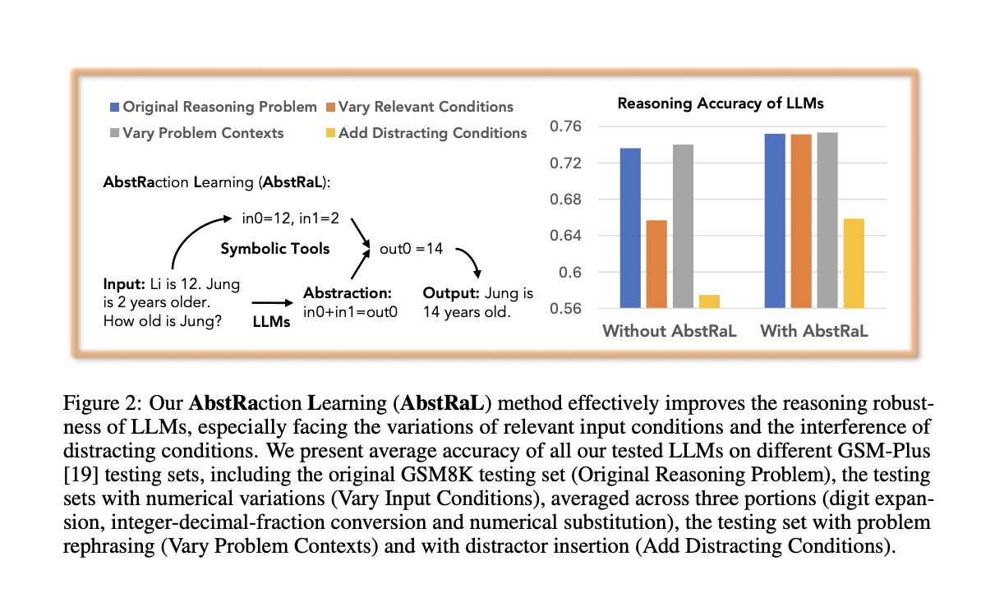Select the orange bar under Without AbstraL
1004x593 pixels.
coord(656,264)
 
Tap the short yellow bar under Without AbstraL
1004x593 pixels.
coord(709,301)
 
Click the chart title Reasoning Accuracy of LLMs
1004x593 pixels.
coord(720,103)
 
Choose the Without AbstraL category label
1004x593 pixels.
coord(670,331)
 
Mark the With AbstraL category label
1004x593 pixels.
coord(814,331)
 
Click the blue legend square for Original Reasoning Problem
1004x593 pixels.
coord(115,107)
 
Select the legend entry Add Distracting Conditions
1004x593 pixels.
coord(432,132)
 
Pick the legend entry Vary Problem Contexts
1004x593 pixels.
coord(202,132)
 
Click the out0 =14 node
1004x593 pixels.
coord(411,249)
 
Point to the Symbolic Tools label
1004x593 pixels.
coord(274,249)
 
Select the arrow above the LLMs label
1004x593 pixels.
coord(271,303)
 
